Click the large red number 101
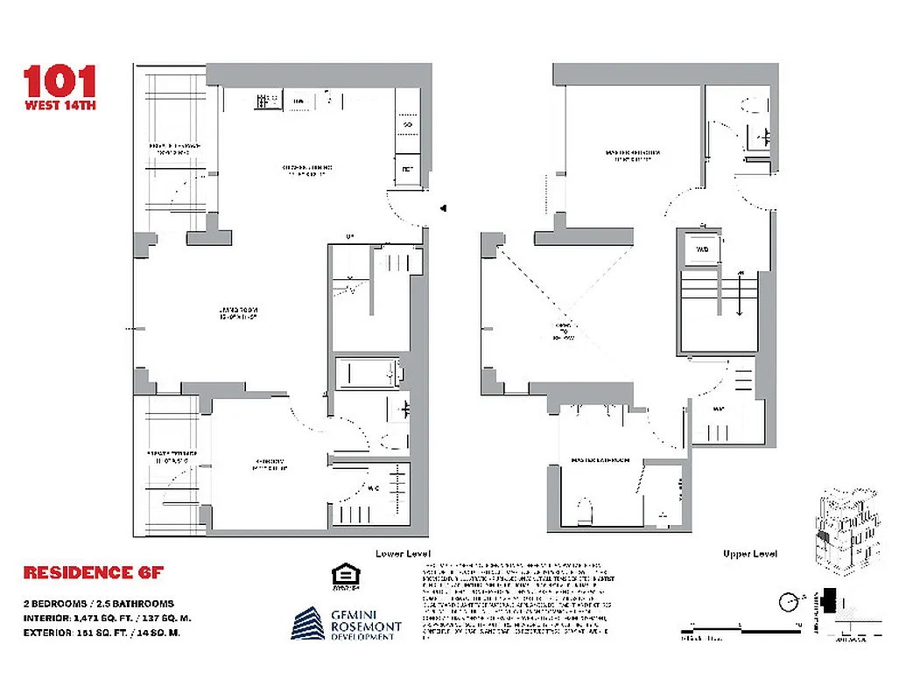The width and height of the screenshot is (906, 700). pyautogui.click(x=60, y=81)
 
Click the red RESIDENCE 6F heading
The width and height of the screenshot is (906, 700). pyautogui.click(x=93, y=573)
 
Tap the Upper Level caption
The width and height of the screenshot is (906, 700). pyautogui.click(x=750, y=554)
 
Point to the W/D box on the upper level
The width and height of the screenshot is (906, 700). pyautogui.click(x=701, y=248)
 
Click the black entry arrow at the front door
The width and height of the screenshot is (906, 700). pyautogui.click(x=445, y=208)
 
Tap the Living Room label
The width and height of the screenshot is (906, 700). pyautogui.click(x=236, y=314)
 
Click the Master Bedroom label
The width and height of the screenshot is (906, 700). pyautogui.click(x=632, y=156)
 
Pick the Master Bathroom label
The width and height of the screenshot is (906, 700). pyautogui.click(x=600, y=460)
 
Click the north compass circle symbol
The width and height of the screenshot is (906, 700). pyautogui.click(x=790, y=602)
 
